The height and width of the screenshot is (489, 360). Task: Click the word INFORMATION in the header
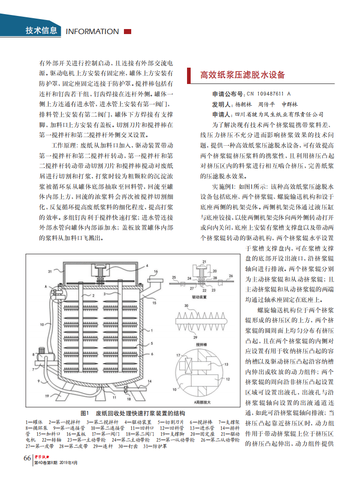coord(93,32)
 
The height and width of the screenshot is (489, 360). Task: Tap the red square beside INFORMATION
coord(128,31)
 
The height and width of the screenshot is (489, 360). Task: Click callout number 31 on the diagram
coord(49,272)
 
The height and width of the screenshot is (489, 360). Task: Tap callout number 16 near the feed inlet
coord(156,272)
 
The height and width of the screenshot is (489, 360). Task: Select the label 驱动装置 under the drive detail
coord(200,296)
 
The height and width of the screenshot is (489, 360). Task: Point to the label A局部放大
coord(200,402)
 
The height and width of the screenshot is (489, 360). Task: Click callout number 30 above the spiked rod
coord(186,306)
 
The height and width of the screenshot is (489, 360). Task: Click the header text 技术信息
coord(41,31)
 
